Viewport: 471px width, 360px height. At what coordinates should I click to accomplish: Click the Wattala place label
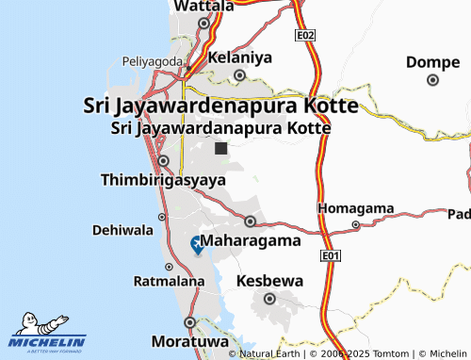pyautogui.click(x=203, y=7)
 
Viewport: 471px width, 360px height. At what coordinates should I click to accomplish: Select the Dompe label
pyautogui.click(x=432, y=62)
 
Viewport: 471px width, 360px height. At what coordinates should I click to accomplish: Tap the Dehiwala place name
pyautogui.click(x=122, y=229)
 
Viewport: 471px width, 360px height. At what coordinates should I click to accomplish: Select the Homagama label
pyautogui.click(x=354, y=207)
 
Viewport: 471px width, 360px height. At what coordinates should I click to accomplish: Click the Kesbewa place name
pyautogui.click(x=269, y=281)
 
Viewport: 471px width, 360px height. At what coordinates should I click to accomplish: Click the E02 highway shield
pyautogui.click(x=304, y=35)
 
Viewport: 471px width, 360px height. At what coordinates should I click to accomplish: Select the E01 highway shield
pyautogui.click(x=330, y=256)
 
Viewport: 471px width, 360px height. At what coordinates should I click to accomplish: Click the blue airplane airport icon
pyautogui.click(x=198, y=245)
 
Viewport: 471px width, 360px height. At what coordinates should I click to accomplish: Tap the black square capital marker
pyautogui.click(x=220, y=148)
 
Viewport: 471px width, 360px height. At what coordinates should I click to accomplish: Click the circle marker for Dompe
pyautogui.click(x=432, y=80)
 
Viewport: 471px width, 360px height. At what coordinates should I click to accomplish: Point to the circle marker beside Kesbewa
pyautogui.click(x=269, y=299)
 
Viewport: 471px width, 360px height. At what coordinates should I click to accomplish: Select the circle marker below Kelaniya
pyautogui.click(x=239, y=75)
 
